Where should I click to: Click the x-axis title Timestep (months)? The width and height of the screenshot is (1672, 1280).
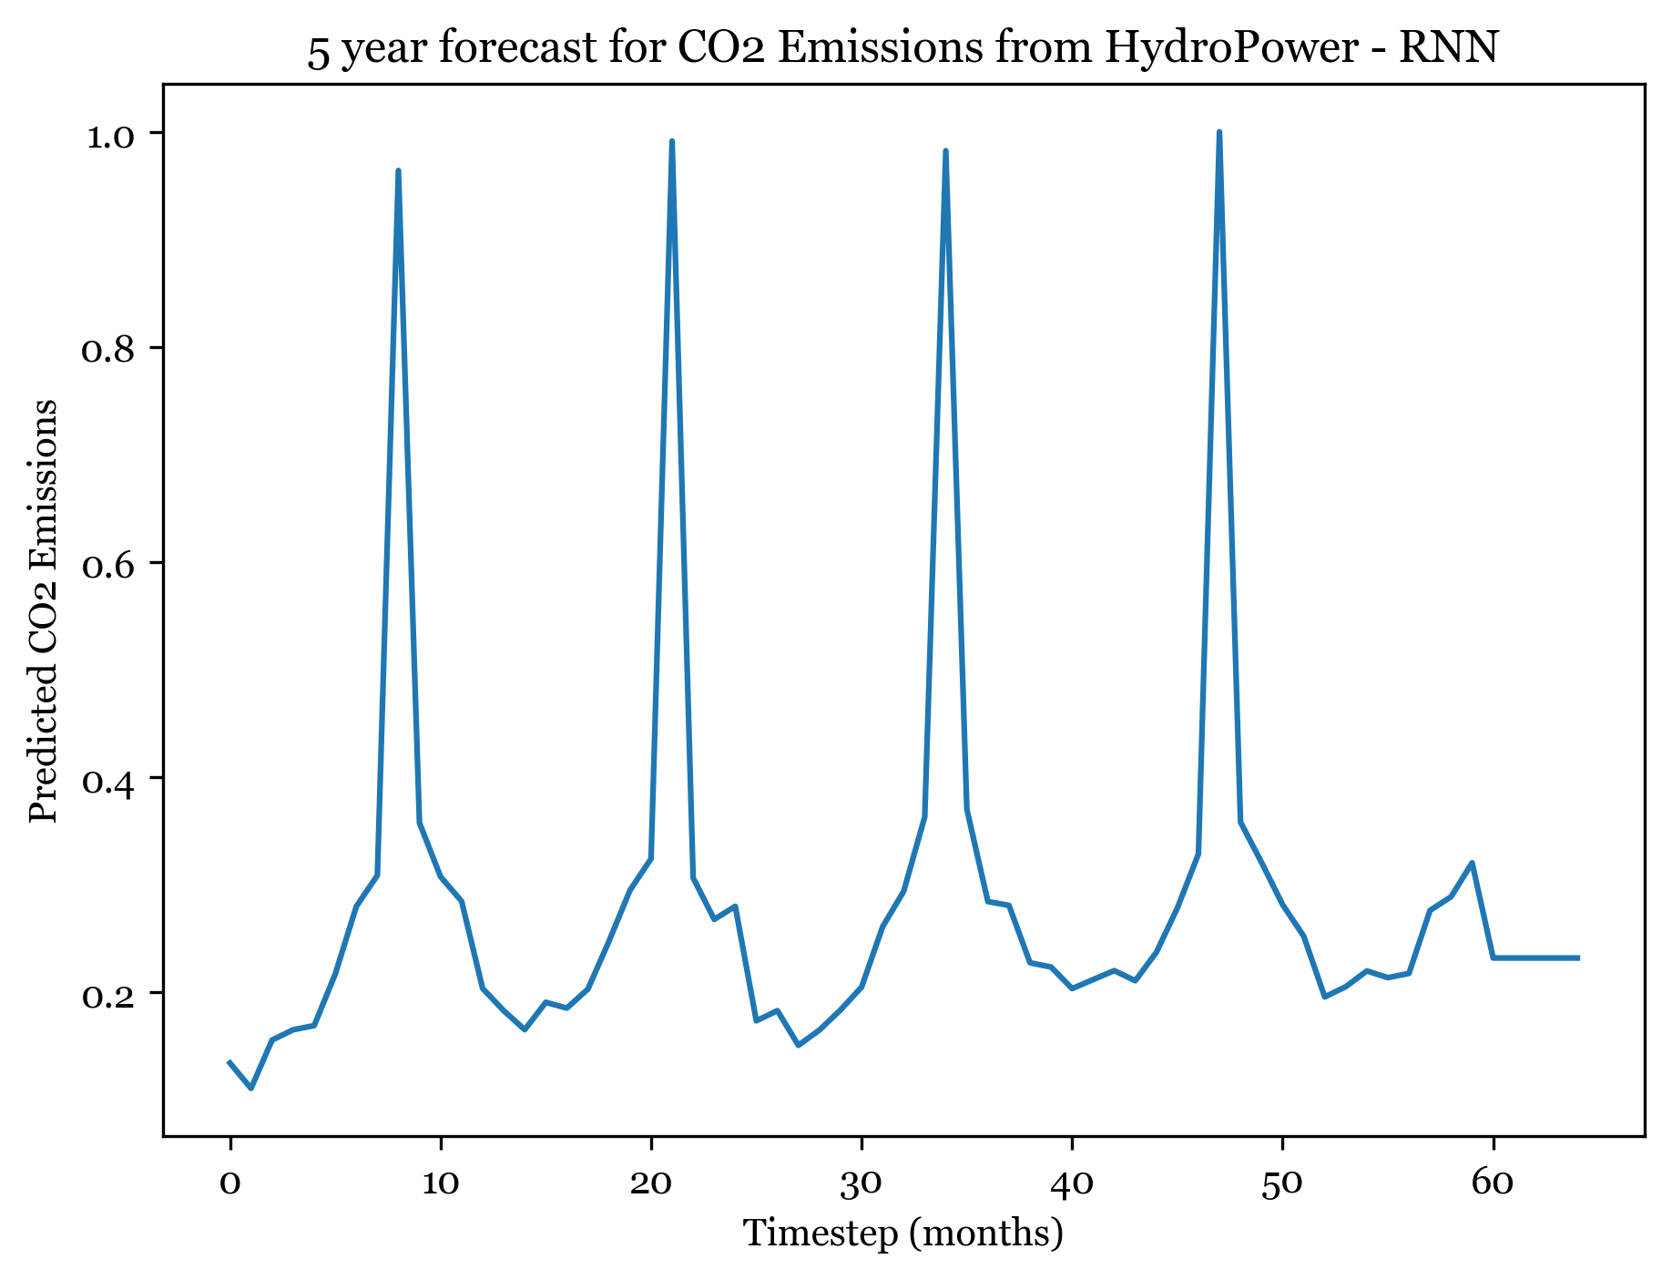click(x=903, y=1234)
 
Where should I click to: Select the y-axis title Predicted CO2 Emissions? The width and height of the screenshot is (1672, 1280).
click(x=44, y=610)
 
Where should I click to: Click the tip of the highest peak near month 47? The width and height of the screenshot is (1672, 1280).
click(x=1219, y=132)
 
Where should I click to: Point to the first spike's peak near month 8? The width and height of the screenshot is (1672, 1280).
click(x=398, y=170)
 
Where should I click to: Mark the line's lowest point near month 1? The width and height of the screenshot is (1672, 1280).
click(x=251, y=1088)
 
